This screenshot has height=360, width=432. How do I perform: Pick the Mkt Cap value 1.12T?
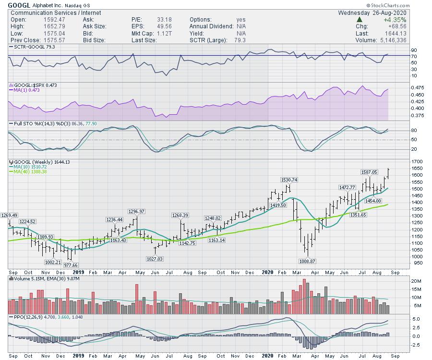coord(164,34)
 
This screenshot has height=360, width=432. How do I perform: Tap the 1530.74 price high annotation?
coord(289,180)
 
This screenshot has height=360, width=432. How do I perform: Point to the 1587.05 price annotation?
coord(370,172)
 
